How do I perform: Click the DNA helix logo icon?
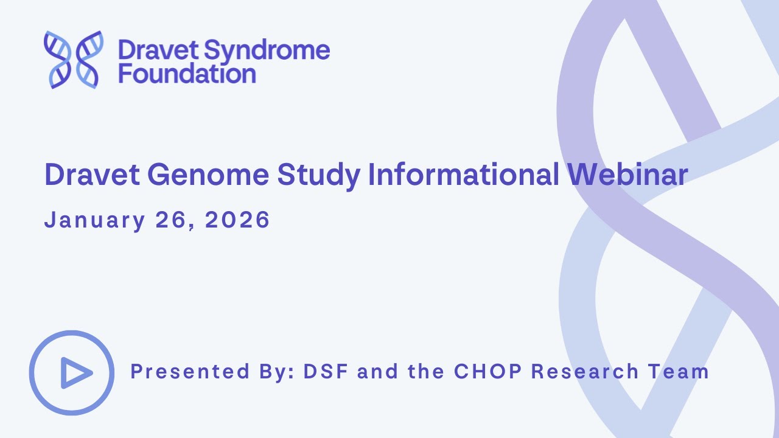74,60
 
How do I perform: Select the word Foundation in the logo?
187,74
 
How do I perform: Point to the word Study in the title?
319,175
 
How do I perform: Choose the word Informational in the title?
464,175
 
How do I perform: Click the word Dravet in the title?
91,175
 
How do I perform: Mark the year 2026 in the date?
237,220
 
